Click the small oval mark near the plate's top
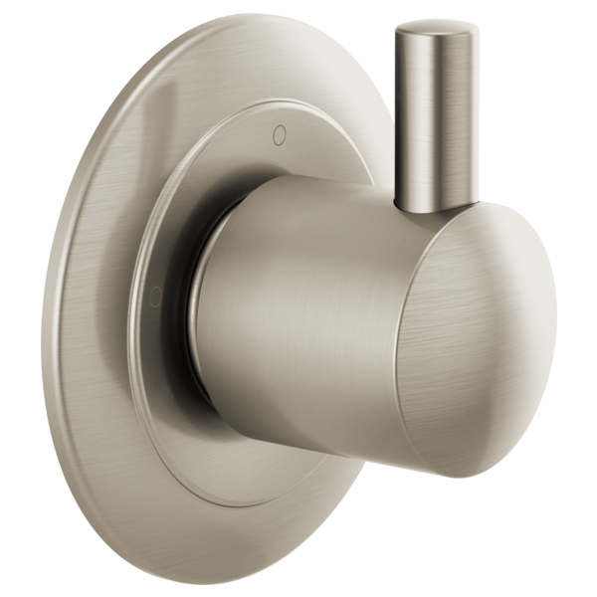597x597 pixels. click(x=278, y=130)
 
